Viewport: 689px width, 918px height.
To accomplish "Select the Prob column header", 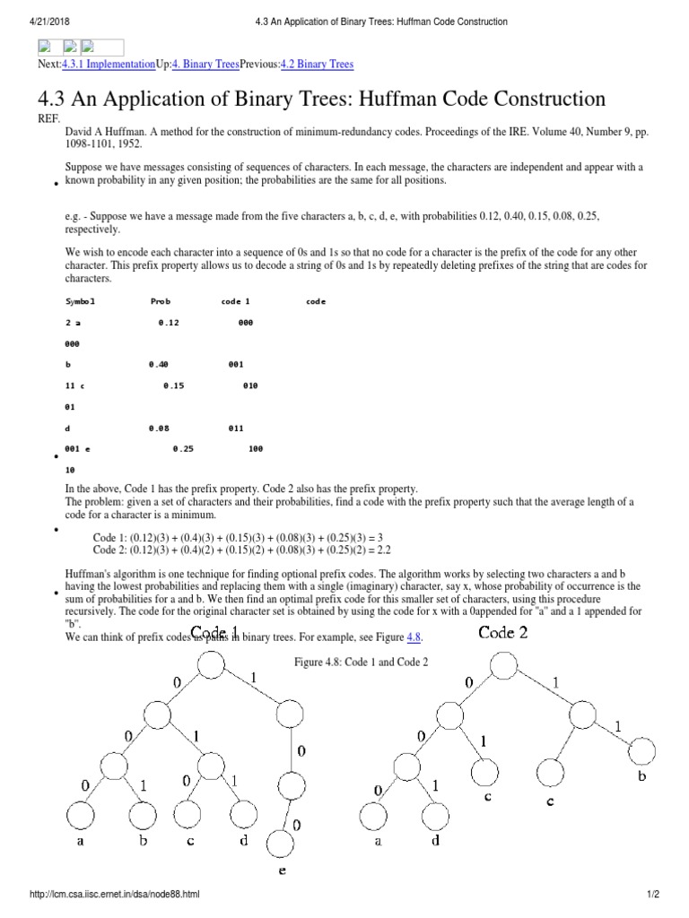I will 160,302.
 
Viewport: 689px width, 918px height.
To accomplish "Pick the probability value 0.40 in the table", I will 159,365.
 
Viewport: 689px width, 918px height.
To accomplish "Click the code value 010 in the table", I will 250,385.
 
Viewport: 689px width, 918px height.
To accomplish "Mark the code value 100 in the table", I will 255,448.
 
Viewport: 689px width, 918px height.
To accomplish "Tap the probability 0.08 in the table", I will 159,428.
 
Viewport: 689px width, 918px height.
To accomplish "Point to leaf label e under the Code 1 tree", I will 282,869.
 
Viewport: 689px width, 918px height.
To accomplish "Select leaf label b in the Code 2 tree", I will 641,776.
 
